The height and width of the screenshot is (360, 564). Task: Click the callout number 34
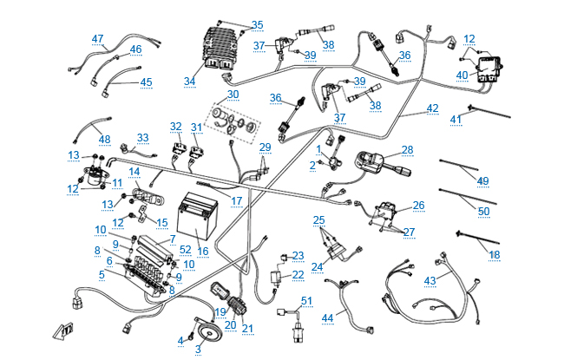tap(190, 82)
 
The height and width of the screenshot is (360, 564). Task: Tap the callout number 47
tap(98, 39)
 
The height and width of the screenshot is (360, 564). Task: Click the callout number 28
tap(407, 149)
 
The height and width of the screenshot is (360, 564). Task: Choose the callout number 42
tap(432, 108)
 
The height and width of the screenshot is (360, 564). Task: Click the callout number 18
tap(495, 254)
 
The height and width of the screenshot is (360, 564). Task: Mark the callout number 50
tap(483, 211)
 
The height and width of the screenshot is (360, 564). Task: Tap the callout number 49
tap(482, 180)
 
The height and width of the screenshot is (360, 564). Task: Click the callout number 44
tap(327, 318)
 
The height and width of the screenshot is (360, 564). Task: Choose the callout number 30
tap(233, 94)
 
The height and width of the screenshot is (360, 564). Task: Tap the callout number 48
tap(105, 140)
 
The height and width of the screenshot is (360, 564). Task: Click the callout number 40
tap(462, 75)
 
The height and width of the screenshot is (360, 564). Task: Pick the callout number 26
tap(418, 206)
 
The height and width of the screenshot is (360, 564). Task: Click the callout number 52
tap(186, 249)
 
